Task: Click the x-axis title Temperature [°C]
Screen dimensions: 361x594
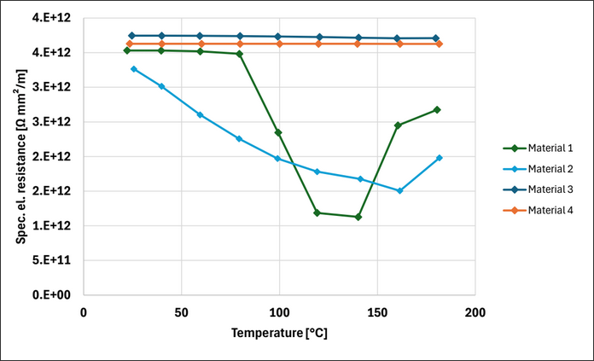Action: [278, 334]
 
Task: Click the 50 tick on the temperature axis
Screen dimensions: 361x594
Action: [181, 312]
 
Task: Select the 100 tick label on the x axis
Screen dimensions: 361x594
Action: [279, 312]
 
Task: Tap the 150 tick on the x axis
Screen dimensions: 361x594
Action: [376, 312]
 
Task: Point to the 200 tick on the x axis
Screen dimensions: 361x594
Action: [475, 312]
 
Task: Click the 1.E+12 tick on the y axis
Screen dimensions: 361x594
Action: [55, 226]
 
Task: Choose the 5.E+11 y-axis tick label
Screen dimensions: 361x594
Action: [55, 260]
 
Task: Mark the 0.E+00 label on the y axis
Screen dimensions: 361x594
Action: [55, 295]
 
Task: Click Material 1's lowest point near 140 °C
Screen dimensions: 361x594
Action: [358, 217]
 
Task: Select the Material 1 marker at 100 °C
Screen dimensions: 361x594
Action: [278, 132]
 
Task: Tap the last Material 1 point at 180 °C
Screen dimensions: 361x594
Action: [437, 109]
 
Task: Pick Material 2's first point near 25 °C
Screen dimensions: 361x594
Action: [133, 69]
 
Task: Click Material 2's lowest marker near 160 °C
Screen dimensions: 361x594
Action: [399, 190]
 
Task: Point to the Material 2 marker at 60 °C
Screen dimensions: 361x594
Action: [201, 114]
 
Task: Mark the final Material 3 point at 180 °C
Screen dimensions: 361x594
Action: [436, 38]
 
